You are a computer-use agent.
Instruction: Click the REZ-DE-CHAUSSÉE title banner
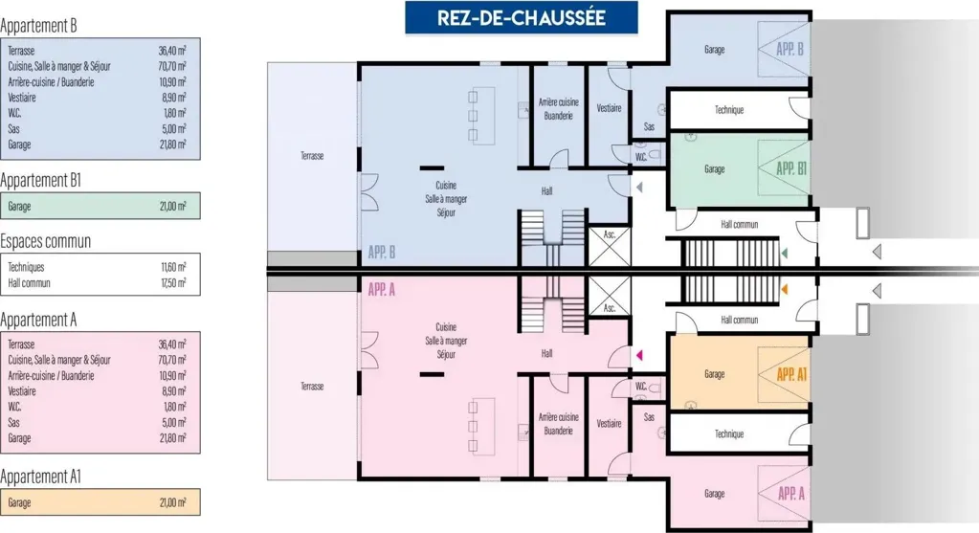coord(522,17)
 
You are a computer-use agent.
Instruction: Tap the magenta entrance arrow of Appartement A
coord(638,355)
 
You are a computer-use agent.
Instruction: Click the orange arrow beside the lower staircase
coord(784,289)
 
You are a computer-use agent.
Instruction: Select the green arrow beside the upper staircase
coord(784,253)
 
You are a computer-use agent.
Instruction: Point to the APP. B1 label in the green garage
coord(791,168)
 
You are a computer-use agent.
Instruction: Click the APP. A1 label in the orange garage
coord(791,374)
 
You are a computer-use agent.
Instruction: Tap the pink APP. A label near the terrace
coord(382,290)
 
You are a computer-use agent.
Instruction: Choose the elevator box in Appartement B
coord(610,246)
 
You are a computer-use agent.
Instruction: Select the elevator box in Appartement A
coord(610,296)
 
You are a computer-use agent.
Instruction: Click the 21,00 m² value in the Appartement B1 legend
coord(173,206)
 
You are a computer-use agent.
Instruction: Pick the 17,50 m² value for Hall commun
coord(173,282)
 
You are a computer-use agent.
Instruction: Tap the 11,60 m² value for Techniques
coord(173,267)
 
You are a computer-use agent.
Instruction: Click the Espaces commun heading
coord(46,241)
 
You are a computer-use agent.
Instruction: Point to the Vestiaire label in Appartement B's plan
coord(609,108)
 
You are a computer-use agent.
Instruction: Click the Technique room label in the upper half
coord(729,110)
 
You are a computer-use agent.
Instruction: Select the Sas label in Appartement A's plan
coord(650,417)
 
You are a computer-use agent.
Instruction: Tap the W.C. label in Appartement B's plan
coord(641,157)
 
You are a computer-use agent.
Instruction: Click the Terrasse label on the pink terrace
coord(312,387)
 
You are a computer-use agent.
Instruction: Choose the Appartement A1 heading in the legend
coord(40,477)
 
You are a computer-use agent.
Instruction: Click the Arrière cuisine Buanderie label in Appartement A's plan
coord(558,424)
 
